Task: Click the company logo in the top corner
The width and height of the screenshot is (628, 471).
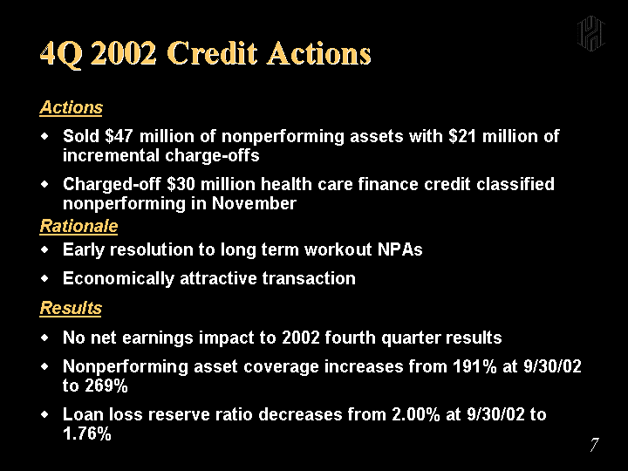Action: point(590,34)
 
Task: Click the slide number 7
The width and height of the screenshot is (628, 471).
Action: point(594,445)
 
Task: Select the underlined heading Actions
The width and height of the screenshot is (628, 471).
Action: point(71,108)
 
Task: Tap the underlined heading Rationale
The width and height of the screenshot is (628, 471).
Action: point(78,226)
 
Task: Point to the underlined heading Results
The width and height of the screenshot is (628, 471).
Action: point(71,309)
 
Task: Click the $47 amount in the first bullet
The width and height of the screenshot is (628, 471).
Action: point(119,136)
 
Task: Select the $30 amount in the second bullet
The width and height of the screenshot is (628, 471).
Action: point(181,184)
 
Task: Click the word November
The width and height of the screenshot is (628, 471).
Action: point(254,203)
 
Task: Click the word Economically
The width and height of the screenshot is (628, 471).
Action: point(119,279)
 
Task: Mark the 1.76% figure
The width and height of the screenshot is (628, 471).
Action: point(87,433)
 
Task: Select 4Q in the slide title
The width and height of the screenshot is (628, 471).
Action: point(61,54)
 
